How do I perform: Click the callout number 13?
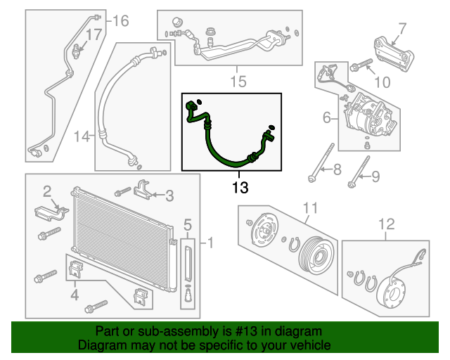coord(240,187)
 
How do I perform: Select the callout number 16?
coord(121,21)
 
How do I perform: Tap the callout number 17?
coord(94,34)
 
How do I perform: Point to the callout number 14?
coord(82,135)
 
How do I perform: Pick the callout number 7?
coord(402,29)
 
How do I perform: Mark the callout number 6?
coord(326,118)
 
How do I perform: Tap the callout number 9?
coord(375,175)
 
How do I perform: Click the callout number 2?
coord(47,191)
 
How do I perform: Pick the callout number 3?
coord(169,195)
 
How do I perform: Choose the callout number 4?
coord(74,295)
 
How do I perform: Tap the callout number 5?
coord(188,225)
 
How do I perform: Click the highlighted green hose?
coord(217,148)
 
